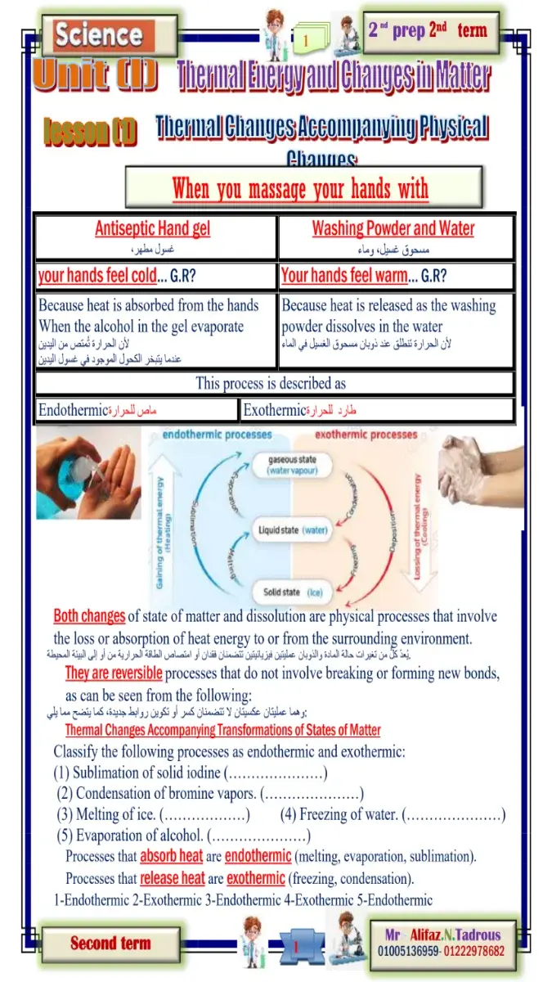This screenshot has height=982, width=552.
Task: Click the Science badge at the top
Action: (x=98, y=34)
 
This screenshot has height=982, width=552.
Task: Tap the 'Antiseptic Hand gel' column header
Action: (x=152, y=228)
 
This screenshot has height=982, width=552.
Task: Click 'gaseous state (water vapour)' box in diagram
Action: (x=294, y=466)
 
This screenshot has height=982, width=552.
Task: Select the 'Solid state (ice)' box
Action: (x=294, y=592)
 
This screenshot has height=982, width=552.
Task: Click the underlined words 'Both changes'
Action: (x=89, y=616)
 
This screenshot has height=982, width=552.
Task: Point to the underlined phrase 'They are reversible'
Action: (x=114, y=673)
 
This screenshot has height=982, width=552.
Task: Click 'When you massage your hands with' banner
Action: (x=300, y=189)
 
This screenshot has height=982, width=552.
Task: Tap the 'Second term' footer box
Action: (x=110, y=944)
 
